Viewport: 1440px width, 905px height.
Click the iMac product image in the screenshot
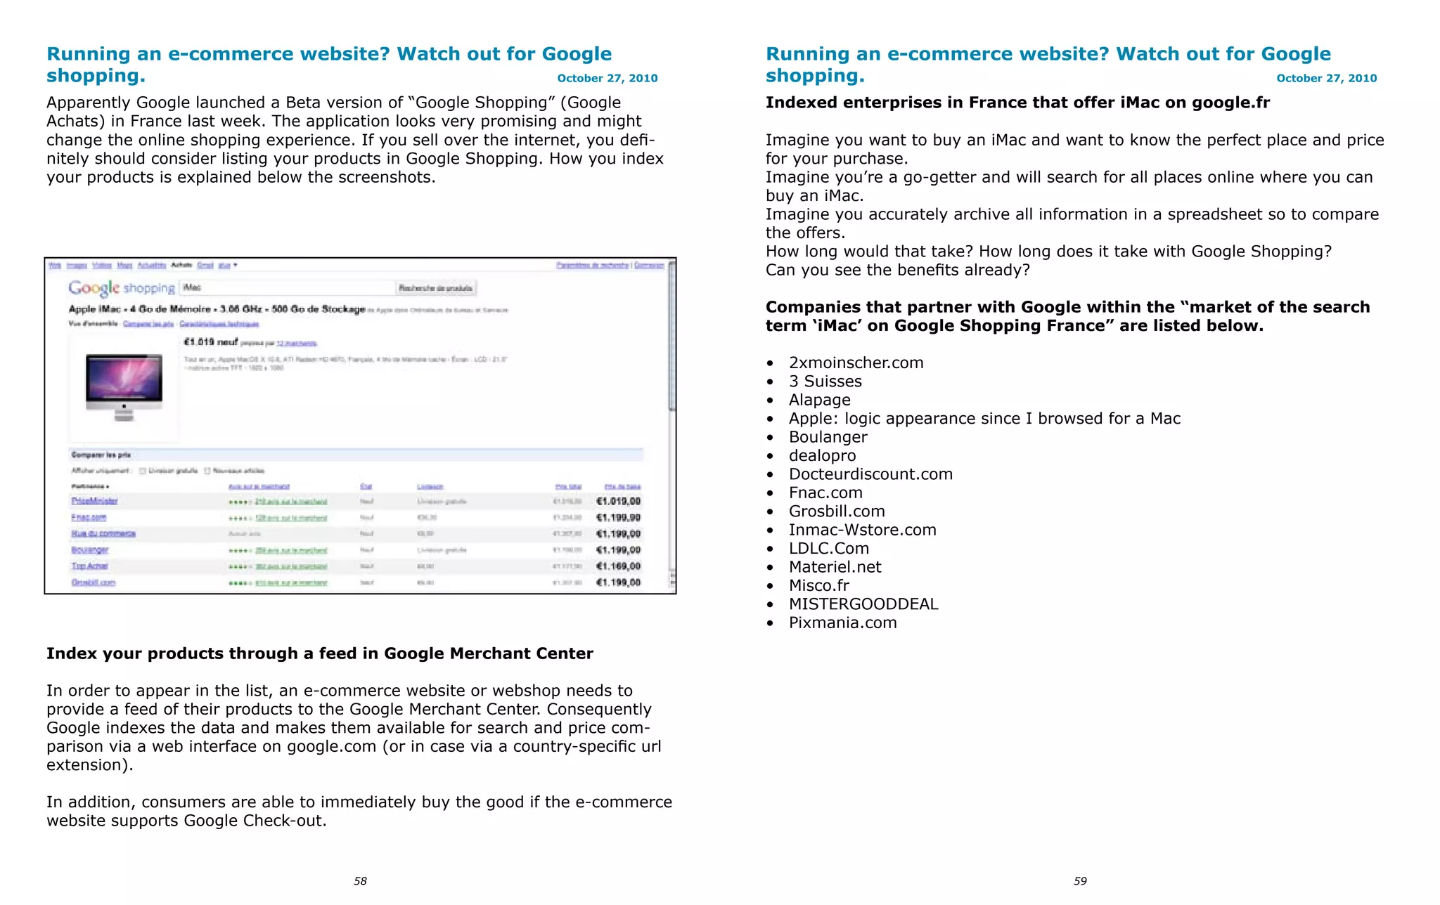point(124,385)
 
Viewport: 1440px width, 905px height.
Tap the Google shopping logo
point(121,288)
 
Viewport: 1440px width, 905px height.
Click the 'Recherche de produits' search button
point(436,288)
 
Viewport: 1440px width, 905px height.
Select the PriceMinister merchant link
point(94,501)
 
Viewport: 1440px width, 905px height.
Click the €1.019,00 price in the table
point(618,501)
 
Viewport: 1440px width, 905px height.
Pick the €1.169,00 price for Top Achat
point(618,566)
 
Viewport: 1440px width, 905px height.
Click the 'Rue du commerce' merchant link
point(103,534)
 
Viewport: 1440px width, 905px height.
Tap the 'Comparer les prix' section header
point(101,455)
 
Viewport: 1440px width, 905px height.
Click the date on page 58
point(607,78)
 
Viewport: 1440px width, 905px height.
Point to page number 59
point(1080,881)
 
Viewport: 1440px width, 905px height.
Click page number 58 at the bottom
point(360,881)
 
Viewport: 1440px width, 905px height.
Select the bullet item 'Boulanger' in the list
point(828,437)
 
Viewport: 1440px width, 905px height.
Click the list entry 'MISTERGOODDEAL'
point(863,604)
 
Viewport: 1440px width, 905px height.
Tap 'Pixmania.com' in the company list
point(842,623)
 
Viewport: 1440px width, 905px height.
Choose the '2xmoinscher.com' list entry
point(856,363)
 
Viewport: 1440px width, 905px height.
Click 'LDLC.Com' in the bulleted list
point(828,549)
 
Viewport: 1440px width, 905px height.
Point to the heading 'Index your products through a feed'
point(319,653)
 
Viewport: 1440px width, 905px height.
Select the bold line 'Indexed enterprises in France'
point(1017,103)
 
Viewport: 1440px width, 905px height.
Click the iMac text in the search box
point(193,287)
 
